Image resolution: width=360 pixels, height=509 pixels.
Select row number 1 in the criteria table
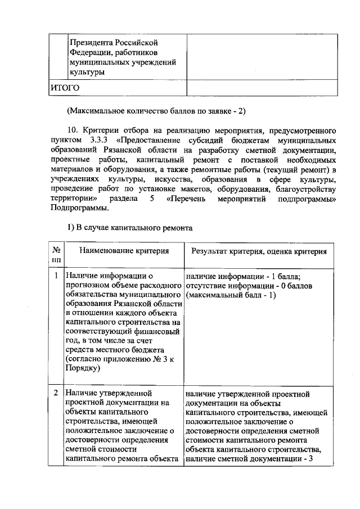(56, 276)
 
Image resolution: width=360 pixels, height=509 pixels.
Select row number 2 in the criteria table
(56, 391)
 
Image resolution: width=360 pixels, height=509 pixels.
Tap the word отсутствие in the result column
(205, 285)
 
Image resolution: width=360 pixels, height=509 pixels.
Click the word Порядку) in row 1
(83, 368)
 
